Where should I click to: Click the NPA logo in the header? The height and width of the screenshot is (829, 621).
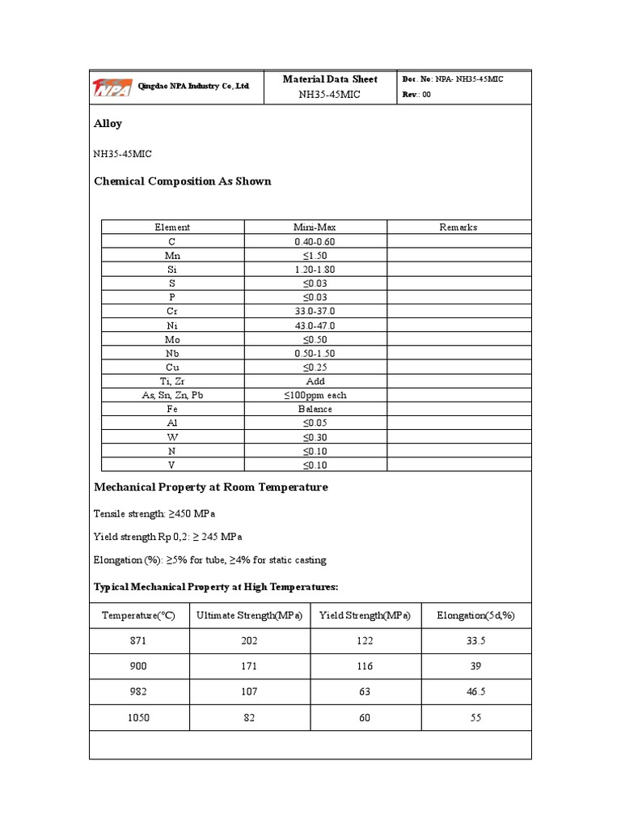pos(112,87)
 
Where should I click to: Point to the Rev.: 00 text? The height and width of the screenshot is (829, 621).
pos(417,95)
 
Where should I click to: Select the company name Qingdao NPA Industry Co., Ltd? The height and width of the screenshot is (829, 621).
pos(194,86)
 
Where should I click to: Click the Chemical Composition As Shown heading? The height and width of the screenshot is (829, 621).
pos(183,181)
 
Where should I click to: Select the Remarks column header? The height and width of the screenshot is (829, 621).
pos(458,227)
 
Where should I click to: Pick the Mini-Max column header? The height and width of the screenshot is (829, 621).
pos(315,227)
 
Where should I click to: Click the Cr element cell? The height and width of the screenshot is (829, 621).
pos(172,311)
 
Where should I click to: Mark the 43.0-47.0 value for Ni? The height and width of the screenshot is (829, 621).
pos(315,325)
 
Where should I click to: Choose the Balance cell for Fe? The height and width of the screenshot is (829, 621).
pos(315,409)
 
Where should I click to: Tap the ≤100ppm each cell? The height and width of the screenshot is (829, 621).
pos(315,395)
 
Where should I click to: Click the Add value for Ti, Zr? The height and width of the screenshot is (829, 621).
pos(315,381)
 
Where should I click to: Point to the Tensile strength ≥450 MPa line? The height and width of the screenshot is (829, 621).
pos(155,514)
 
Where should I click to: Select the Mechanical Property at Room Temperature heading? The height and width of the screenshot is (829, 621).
pos(211,487)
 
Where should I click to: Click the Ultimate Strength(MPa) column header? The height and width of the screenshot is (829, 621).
pos(249,616)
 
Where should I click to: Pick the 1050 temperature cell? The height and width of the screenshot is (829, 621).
pos(139,718)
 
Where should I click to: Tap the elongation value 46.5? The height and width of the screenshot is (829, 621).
pos(475,692)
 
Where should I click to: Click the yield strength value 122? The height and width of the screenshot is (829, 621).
pos(365,640)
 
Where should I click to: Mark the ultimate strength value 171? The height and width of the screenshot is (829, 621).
pos(249,666)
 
